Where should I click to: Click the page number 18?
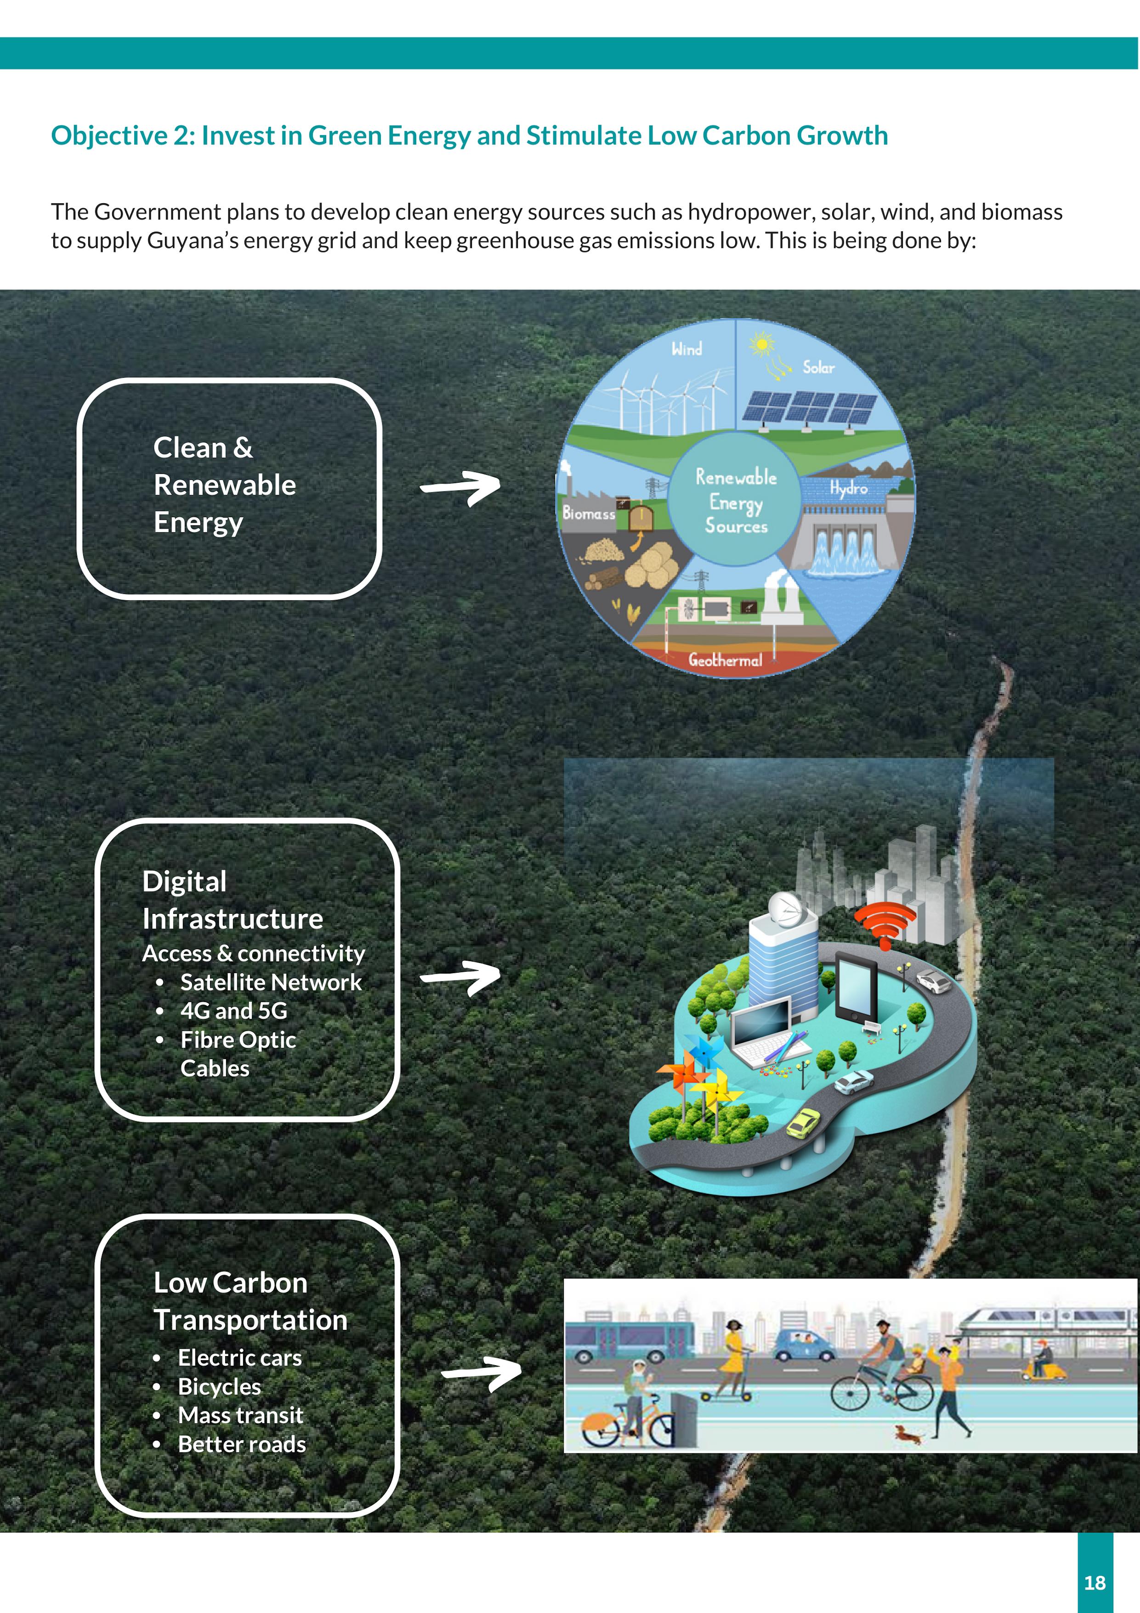click(1095, 1582)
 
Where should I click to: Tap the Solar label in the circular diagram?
click(818, 367)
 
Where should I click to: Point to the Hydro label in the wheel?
click(849, 488)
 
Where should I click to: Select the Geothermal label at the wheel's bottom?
click(725, 660)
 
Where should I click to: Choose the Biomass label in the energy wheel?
click(589, 513)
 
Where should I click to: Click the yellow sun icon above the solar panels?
click(761, 344)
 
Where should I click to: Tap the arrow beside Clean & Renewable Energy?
click(461, 487)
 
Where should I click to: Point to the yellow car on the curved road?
click(803, 1122)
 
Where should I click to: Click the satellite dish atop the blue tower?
click(785, 908)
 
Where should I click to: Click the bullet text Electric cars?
click(239, 1358)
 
